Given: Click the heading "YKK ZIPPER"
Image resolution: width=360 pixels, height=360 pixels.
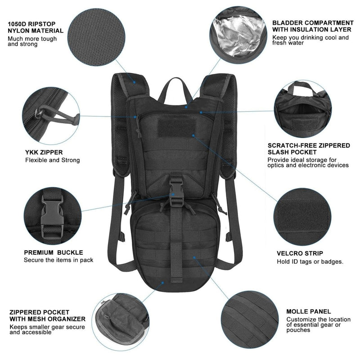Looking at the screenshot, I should [x=44, y=153].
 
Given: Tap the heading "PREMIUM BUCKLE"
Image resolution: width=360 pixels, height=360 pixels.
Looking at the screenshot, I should [x=53, y=253].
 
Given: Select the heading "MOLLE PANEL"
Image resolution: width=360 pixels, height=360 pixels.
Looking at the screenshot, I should [x=308, y=311].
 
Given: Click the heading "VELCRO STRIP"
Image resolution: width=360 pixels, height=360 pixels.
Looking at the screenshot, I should [x=300, y=254].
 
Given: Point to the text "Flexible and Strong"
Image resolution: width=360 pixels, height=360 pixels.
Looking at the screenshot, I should [x=52, y=160].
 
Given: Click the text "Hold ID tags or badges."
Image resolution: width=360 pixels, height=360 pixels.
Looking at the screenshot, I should [x=310, y=262].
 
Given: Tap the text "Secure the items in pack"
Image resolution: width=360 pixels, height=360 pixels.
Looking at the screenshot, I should [x=58, y=261].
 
